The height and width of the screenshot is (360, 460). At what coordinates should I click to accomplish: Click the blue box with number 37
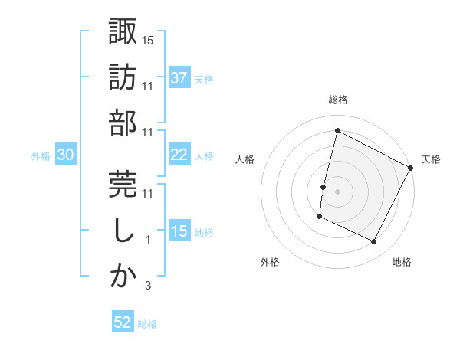pyautogui.click(x=179, y=78)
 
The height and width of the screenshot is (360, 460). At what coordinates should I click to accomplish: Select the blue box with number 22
pyautogui.click(x=179, y=155)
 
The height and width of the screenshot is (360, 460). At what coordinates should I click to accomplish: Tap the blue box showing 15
pyautogui.click(x=179, y=231)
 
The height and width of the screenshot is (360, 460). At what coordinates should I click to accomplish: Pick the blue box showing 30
pyautogui.click(x=65, y=155)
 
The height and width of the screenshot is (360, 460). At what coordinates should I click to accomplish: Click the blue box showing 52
pyautogui.click(x=123, y=322)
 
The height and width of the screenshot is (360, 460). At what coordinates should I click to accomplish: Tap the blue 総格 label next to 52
pyautogui.click(x=147, y=324)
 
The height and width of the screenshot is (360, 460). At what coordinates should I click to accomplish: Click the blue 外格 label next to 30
pyautogui.click(x=41, y=156)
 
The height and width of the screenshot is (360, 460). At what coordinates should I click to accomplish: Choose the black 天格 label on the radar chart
pyautogui.click(x=431, y=159)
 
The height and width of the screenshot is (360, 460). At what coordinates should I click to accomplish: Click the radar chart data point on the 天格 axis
pyautogui.click(x=412, y=169)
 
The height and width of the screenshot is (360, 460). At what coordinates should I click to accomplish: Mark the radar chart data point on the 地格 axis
pyautogui.click(x=374, y=242)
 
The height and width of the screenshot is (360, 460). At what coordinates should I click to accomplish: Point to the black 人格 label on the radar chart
pyautogui.click(x=245, y=159)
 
